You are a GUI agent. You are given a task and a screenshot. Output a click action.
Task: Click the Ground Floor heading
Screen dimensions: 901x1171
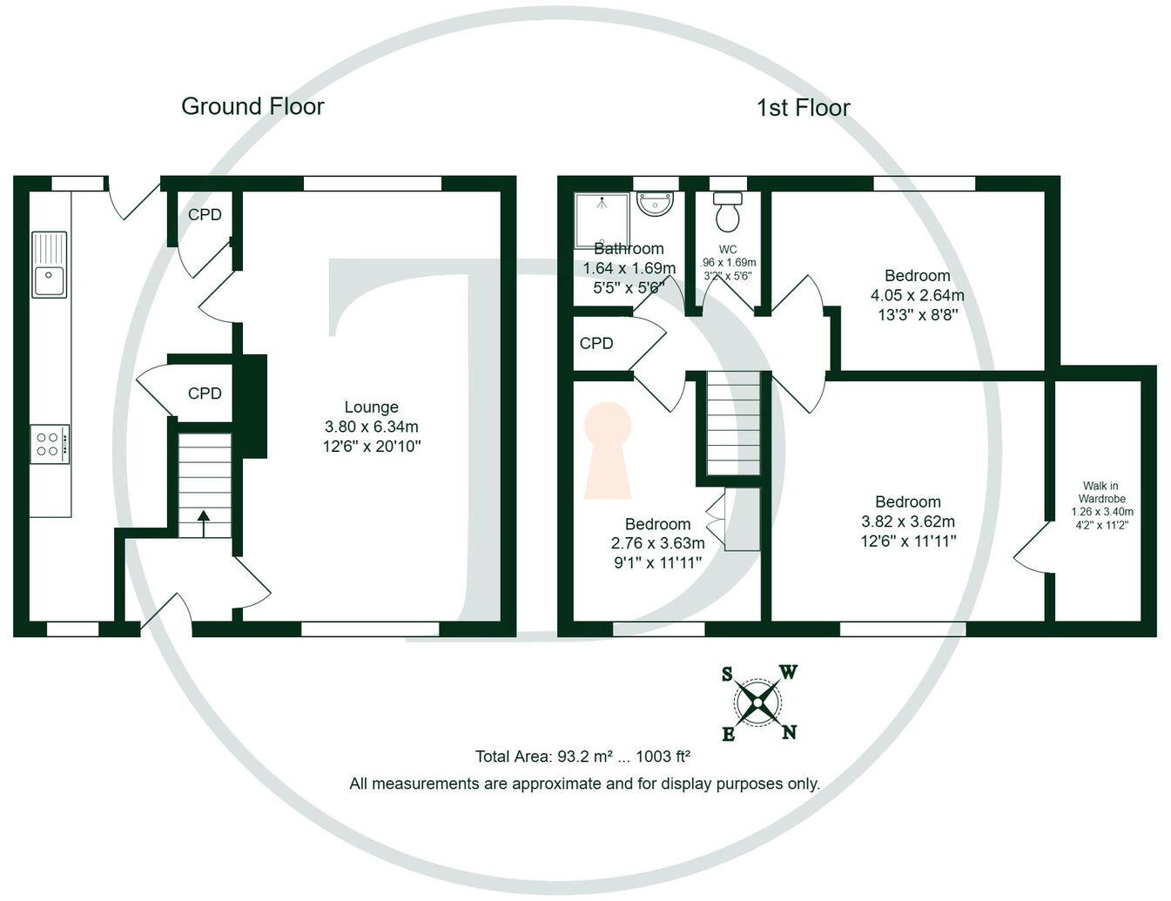pyautogui.click(x=252, y=106)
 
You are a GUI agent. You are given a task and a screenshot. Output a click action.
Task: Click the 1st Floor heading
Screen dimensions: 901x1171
pyautogui.click(x=803, y=108)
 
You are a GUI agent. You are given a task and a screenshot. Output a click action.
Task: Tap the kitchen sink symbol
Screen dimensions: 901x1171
pyautogui.click(x=50, y=265)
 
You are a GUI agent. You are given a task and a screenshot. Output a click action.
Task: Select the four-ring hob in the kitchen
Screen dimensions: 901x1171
pyautogui.click(x=50, y=444)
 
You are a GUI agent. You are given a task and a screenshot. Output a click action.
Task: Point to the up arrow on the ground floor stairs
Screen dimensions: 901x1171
pyautogui.click(x=204, y=524)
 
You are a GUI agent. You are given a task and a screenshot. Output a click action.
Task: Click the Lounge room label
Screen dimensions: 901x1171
pyautogui.click(x=371, y=407)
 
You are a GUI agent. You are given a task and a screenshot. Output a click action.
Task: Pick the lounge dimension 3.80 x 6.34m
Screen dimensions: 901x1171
pyautogui.click(x=371, y=427)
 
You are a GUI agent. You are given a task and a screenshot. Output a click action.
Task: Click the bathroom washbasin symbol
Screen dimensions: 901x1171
pyautogui.click(x=655, y=204)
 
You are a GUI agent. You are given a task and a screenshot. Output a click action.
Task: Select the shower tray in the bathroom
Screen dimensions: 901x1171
pyautogui.click(x=601, y=219)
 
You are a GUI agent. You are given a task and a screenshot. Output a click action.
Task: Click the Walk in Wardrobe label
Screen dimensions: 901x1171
pyautogui.click(x=1101, y=492)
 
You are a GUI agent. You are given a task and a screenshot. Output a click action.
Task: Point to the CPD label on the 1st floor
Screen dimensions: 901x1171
pyautogui.click(x=596, y=344)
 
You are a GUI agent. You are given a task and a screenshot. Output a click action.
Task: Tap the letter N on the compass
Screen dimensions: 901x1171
pyautogui.click(x=789, y=732)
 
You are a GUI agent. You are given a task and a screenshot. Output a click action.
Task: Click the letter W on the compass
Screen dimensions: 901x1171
pyautogui.click(x=788, y=672)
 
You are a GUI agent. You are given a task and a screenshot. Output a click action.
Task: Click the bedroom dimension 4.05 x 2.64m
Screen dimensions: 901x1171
pyautogui.click(x=917, y=295)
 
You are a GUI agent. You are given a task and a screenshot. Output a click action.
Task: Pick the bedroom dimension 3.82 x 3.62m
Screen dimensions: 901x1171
pyautogui.click(x=907, y=521)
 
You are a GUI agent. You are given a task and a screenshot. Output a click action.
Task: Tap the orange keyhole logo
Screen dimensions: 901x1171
pyautogui.click(x=607, y=448)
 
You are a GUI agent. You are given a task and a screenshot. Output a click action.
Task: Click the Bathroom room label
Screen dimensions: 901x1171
pyautogui.click(x=629, y=249)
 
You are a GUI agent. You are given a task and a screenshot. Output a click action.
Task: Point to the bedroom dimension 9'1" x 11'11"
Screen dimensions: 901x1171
pyautogui.click(x=657, y=562)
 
